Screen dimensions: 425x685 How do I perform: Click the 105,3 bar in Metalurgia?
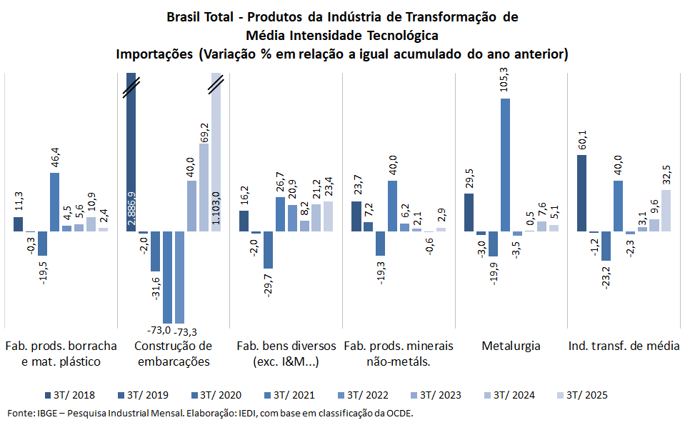[506, 164]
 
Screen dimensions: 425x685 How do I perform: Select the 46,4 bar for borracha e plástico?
[54, 202]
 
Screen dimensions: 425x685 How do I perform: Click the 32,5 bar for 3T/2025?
[666, 210]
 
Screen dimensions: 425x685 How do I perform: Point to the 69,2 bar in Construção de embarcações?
[204, 187]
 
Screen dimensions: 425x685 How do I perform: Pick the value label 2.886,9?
[131, 207]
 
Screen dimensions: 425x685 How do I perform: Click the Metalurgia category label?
[511, 346]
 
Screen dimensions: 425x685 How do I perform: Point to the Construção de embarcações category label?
[173, 354]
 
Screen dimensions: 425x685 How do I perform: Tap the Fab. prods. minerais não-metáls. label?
[399, 354]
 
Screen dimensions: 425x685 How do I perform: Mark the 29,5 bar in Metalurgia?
[469, 212]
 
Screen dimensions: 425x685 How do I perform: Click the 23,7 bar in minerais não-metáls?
[356, 216]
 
